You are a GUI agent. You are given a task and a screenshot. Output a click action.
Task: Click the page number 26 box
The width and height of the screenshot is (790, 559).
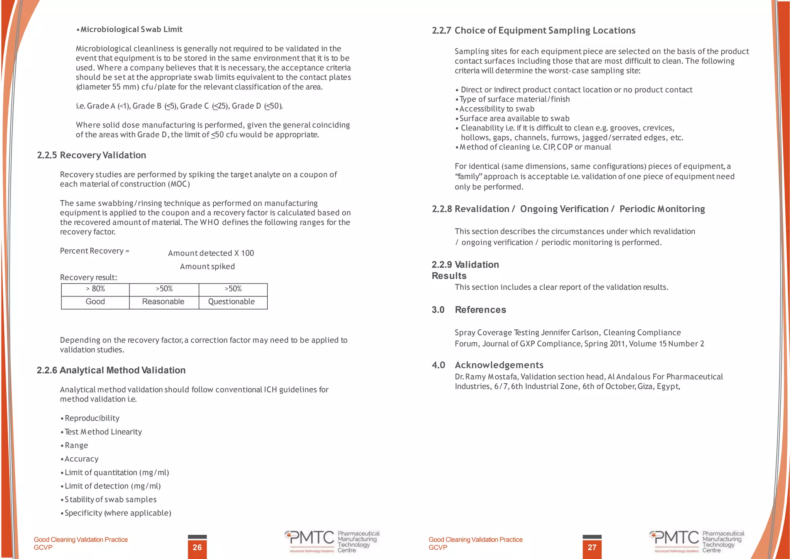[x=197, y=547]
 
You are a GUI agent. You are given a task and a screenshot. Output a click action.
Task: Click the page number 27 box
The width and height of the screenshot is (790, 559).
[x=592, y=547]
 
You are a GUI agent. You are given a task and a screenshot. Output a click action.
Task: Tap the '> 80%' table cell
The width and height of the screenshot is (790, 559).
[x=95, y=289]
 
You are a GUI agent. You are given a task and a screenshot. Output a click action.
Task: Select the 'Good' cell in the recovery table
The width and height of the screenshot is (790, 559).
[x=95, y=302]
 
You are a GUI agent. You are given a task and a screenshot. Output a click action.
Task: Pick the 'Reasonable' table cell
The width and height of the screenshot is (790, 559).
[x=163, y=302]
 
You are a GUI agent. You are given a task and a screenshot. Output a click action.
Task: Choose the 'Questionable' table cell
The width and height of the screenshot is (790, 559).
[x=231, y=302]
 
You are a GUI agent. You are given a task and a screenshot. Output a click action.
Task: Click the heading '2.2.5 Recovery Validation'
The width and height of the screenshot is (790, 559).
[x=91, y=155]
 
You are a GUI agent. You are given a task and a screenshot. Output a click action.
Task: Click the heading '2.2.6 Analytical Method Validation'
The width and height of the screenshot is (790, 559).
[x=111, y=370]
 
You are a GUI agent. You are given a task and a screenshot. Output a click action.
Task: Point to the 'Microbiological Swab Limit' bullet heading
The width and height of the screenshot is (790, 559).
[x=131, y=29]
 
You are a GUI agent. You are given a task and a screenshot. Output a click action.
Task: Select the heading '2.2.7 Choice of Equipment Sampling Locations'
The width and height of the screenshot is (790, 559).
[x=533, y=30]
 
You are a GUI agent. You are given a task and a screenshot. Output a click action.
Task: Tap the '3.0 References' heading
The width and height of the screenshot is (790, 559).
[x=469, y=310]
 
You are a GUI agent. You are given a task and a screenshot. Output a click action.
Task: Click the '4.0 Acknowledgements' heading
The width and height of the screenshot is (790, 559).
[x=488, y=365]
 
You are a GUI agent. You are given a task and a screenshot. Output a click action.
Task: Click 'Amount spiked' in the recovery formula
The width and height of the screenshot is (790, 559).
[x=207, y=266]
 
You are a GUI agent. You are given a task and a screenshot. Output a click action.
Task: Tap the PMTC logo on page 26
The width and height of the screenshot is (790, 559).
[x=332, y=541]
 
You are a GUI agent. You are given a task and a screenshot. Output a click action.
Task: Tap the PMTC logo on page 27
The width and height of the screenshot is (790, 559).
[x=696, y=541]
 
